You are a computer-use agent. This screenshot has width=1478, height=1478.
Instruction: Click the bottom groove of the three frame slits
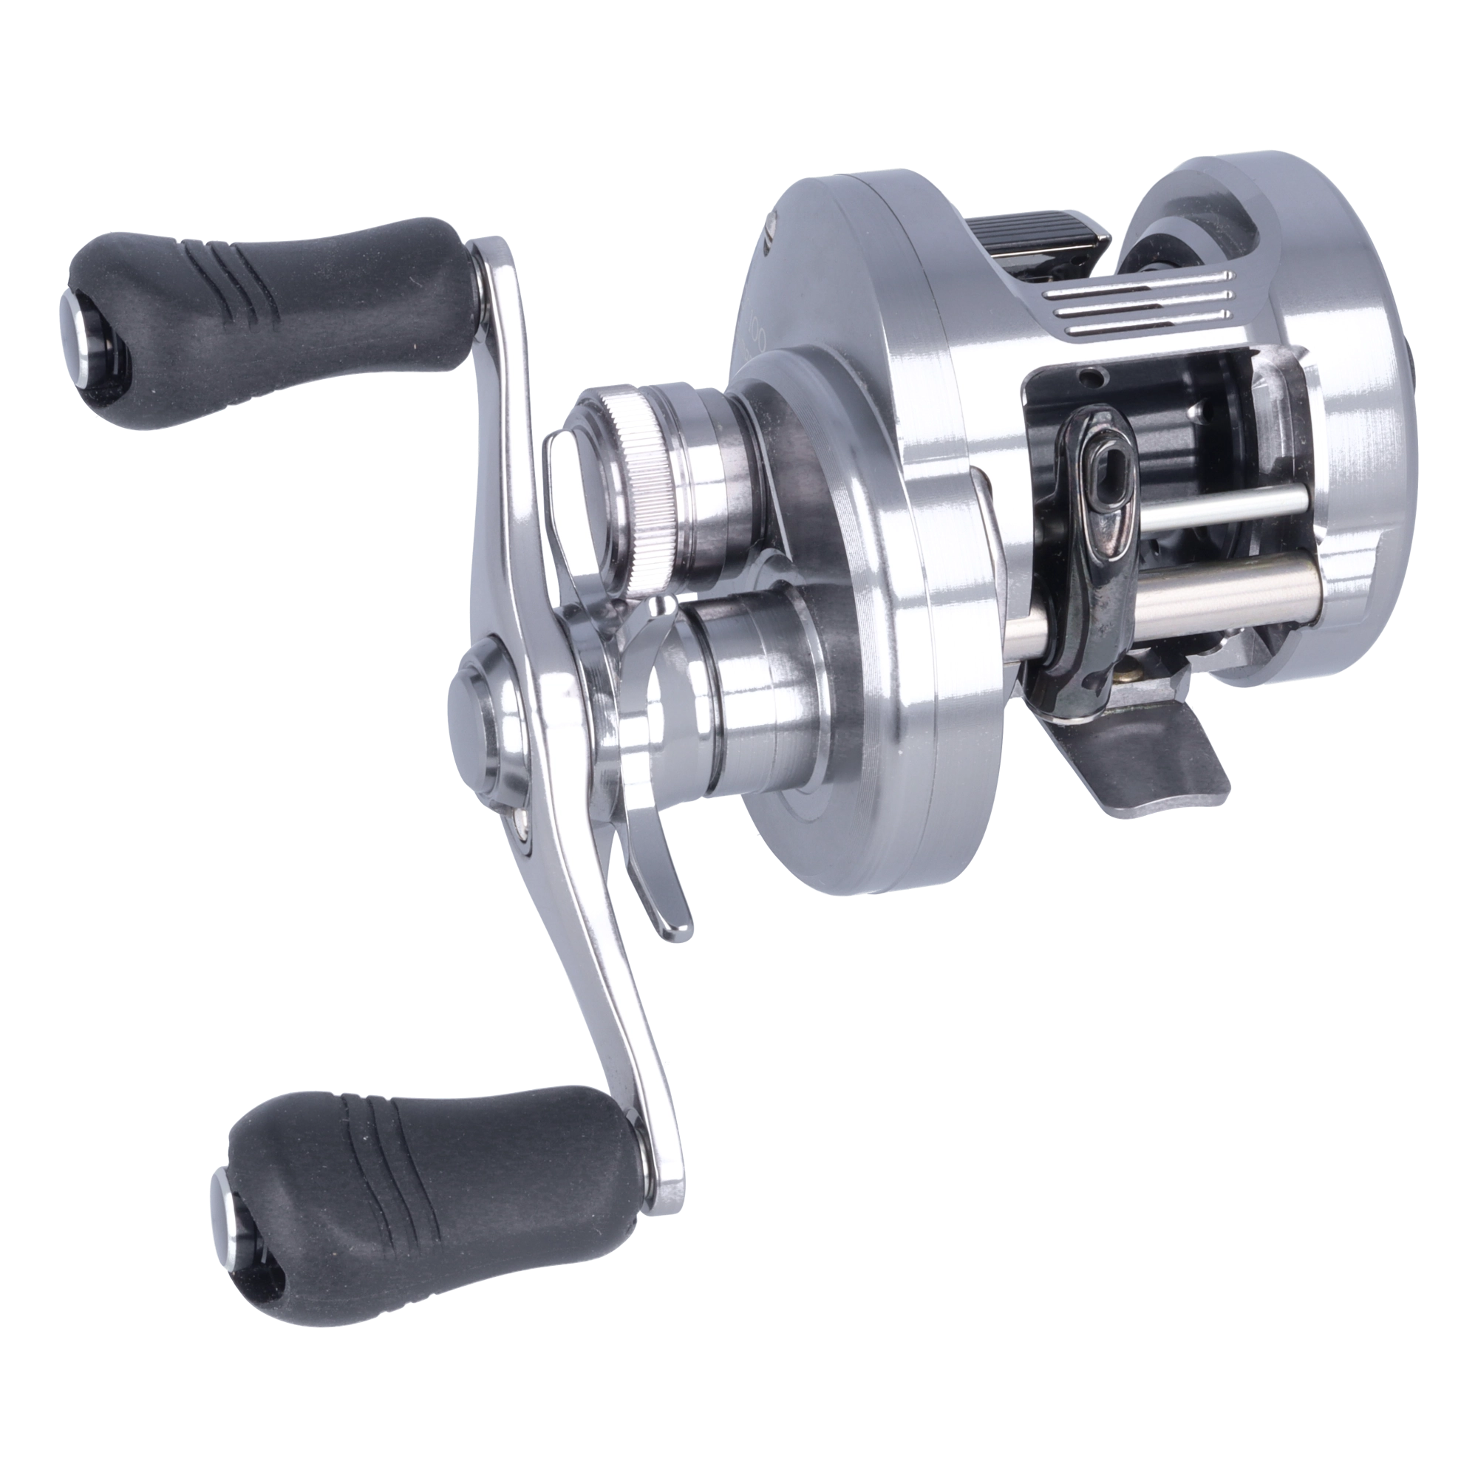(1148, 329)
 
